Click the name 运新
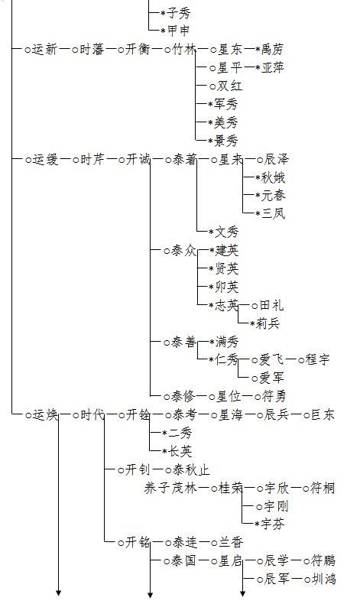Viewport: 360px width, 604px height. tap(45, 49)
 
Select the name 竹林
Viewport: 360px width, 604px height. tap(184, 49)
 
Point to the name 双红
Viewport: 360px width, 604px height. tap(230, 86)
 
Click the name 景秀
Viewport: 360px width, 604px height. tap(226, 141)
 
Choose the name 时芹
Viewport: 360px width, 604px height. tap(92, 159)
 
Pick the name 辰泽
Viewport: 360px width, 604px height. tap(276, 159)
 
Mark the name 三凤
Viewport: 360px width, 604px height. tap(273, 213)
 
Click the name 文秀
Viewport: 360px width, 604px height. tap(227, 232)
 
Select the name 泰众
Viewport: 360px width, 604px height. tap(183, 251)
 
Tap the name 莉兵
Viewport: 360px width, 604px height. tap(268, 323)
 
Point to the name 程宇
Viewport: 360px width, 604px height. tap(318, 360)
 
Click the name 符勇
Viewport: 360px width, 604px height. tap(274, 396)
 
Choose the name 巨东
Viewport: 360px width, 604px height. tap(323, 415)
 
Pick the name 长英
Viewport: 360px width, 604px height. tap(180, 451)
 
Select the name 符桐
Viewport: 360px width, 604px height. tap(323, 488)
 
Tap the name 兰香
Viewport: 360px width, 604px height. tap(231, 542)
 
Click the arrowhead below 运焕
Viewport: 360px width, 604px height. tap(59, 593)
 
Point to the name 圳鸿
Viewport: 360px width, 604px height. tap(323, 579)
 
